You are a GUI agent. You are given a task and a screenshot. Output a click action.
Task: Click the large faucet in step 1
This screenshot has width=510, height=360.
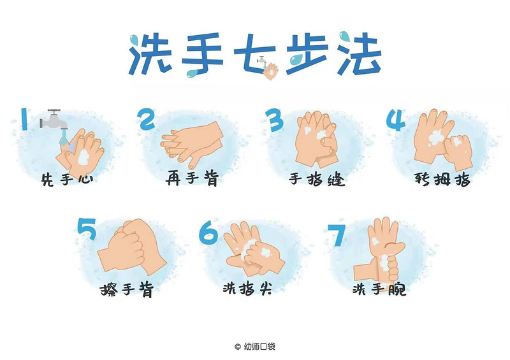54,120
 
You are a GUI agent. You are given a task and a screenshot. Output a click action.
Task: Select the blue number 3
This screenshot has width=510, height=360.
275,120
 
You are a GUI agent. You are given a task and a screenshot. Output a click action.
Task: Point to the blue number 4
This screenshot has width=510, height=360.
396,120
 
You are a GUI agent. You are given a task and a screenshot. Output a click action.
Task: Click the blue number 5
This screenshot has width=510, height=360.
87,229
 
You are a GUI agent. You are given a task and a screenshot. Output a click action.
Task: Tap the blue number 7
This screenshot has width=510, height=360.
336,236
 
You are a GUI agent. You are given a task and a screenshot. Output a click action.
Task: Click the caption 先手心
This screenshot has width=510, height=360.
68,179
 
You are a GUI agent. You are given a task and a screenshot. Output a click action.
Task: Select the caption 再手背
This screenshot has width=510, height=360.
193,178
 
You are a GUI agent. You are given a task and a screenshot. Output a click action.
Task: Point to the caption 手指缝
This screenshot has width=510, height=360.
317,179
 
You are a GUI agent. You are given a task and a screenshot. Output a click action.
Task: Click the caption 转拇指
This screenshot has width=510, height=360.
442,179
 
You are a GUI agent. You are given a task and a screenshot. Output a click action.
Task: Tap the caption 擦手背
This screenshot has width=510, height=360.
127,289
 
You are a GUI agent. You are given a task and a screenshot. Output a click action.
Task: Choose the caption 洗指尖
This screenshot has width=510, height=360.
247,288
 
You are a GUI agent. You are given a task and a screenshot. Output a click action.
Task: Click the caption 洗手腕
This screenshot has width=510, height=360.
379,289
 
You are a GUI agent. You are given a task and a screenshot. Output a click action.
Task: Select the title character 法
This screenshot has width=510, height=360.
359,53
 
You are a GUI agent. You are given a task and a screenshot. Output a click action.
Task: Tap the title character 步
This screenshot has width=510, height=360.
307,54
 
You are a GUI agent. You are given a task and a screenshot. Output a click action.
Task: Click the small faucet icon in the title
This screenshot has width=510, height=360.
261,61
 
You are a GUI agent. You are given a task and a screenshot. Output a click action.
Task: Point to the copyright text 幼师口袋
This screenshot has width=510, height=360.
259,347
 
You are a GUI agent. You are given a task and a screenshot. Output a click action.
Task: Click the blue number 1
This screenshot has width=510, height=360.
24,119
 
